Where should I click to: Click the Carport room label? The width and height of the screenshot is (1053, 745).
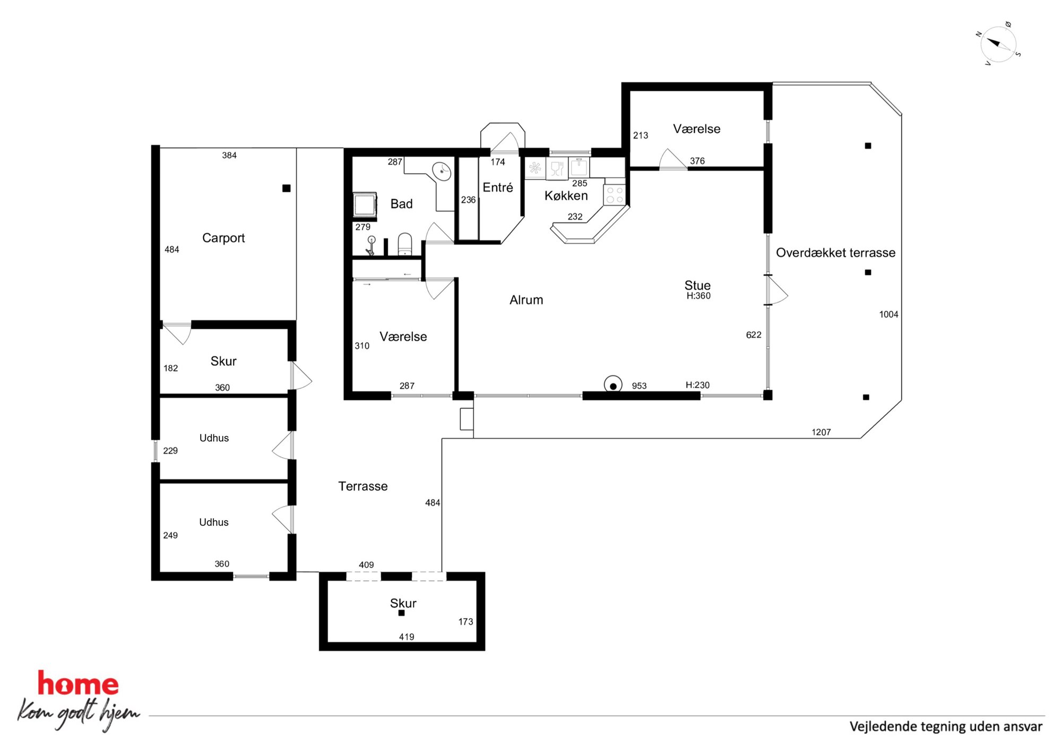tap(223, 238)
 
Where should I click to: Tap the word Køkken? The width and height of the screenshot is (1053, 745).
tap(566, 195)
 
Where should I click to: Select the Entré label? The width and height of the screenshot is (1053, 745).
tap(498, 187)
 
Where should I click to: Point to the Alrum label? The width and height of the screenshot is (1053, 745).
tap(526, 300)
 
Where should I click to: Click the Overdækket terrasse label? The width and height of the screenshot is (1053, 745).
tap(835, 253)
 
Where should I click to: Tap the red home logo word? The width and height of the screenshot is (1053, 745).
tap(78, 683)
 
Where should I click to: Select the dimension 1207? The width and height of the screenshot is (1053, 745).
tap(821, 432)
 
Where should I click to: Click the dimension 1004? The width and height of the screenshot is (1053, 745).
tap(888, 314)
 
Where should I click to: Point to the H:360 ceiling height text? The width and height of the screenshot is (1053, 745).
tap(698, 296)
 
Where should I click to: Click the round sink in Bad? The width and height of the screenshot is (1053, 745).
tap(442, 171)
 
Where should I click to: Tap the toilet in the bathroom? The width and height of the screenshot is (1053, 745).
tap(405, 244)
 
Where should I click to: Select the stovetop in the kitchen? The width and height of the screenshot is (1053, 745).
tap(615, 194)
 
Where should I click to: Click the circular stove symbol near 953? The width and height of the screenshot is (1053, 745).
tap(613, 385)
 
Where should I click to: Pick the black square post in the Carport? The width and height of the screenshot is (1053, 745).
tap(287, 188)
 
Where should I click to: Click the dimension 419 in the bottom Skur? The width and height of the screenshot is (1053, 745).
tap(407, 637)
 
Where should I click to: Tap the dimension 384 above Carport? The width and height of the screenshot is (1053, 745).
tap(229, 155)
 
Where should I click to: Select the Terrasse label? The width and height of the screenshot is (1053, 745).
tap(363, 486)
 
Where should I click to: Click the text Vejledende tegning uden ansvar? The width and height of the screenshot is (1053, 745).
tap(946, 726)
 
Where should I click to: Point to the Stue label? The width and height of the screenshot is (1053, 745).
tap(697, 285)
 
